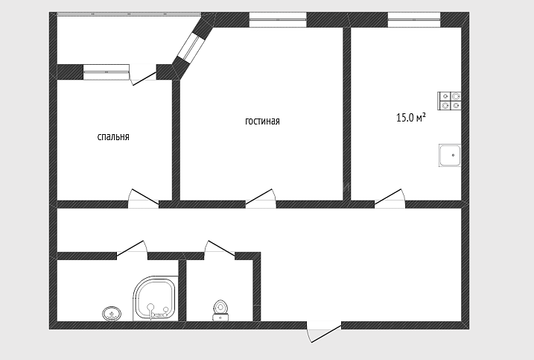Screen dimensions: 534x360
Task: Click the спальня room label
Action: [x=113, y=137]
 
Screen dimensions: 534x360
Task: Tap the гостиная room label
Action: [x=262, y=121]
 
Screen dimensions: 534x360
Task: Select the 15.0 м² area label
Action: [x=411, y=118]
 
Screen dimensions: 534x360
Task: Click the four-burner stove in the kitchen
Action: [x=449, y=101]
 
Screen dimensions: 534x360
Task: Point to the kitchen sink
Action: [x=450, y=156]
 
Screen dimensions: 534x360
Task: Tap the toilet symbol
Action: [x=220, y=310]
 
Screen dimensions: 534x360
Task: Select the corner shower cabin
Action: [x=156, y=299]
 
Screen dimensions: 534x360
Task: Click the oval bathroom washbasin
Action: [x=112, y=313]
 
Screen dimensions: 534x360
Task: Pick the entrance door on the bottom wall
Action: [x=324, y=332]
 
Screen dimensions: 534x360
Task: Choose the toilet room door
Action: [x=220, y=248]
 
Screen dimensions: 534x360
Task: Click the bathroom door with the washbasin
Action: [x=132, y=248]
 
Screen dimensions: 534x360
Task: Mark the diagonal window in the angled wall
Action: [x=191, y=46]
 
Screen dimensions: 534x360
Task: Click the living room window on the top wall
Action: [x=278, y=20]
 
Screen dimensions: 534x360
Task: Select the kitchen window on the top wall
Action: [x=414, y=20]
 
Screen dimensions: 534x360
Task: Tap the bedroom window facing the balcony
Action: [x=107, y=72]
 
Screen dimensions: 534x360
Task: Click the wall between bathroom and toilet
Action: [x=182, y=291]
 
